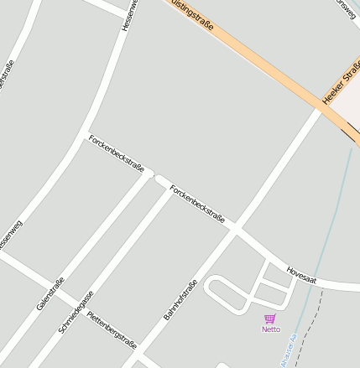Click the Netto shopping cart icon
(x=269, y=319)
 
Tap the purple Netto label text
(x=271, y=329)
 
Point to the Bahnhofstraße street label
(x=181, y=300)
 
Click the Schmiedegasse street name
(x=76, y=313)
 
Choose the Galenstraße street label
(x=50, y=294)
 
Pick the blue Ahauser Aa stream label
(x=290, y=350)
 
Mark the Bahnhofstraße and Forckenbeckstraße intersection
(x=236, y=226)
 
